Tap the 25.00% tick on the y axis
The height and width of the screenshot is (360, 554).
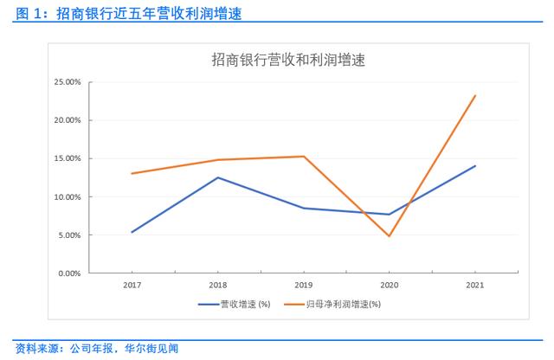(x=68, y=82)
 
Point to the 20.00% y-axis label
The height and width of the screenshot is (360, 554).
(x=68, y=120)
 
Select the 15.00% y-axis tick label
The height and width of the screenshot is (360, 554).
(x=68, y=158)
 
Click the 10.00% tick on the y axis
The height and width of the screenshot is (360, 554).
(x=68, y=197)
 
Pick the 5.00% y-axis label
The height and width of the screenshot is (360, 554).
(x=69, y=235)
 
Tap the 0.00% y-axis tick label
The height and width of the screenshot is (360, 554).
(x=69, y=273)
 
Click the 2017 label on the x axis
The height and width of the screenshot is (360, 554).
(x=132, y=285)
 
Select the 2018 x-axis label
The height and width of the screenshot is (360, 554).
(x=217, y=285)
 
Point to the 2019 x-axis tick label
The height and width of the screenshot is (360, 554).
(x=304, y=285)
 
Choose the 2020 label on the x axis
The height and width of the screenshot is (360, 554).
(x=390, y=285)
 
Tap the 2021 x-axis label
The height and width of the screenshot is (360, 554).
(x=475, y=285)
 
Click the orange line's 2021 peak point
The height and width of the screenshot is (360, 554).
(x=475, y=95)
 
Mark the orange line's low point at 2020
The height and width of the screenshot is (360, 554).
(x=390, y=236)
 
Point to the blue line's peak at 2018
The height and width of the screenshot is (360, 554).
(x=217, y=177)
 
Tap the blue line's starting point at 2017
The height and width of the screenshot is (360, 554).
(x=132, y=232)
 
